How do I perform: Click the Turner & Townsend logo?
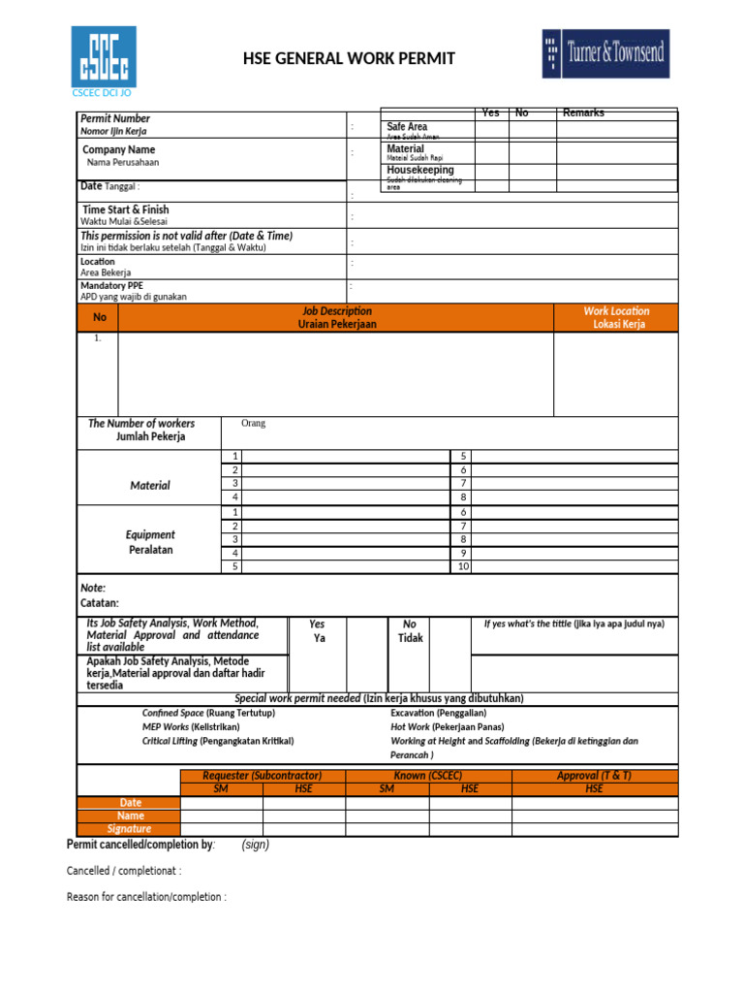pyautogui.click(x=605, y=53)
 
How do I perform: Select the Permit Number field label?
pyautogui.click(x=115, y=118)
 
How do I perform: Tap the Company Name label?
pyautogui.click(x=118, y=150)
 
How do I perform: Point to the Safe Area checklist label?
pyautogui.click(x=407, y=127)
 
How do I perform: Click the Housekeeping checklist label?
pyautogui.click(x=420, y=170)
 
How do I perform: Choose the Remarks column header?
pyautogui.click(x=583, y=113)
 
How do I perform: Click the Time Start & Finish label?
pyautogui.click(x=125, y=209)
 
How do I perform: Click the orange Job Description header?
pyautogui.click(x=336, y=317)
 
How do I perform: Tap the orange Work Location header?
pyautogui.click(x=616, y=317)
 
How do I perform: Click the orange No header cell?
pyautogui.click(x=99, y=317)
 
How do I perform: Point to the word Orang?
pyautogui.click(x=253, y=424)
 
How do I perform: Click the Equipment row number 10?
pyautogui.click(x=463, y=566)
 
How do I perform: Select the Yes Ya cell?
pyautogui.click(x=318, y=631)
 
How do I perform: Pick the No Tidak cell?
pyautogui.click(x=410, y=631)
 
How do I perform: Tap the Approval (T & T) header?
pyautogui.click(x=594, y=776)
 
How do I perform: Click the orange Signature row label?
pyautogui.click(x=129, y=829)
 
